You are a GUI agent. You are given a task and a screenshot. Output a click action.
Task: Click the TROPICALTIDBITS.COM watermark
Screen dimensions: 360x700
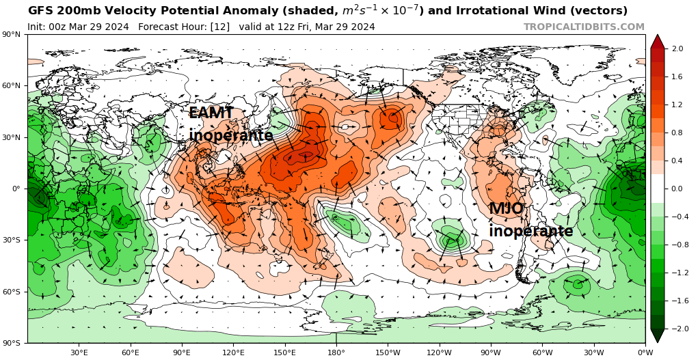[584, 27]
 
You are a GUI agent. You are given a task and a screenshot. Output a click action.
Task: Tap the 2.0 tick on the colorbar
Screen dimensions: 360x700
[677, 49]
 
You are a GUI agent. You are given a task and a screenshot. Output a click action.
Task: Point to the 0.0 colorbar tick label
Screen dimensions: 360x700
[677, 189]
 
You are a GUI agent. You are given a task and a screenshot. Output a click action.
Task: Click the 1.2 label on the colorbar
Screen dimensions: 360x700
[677, 105]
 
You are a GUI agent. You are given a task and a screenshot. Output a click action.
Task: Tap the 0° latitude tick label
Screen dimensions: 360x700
[17, 189]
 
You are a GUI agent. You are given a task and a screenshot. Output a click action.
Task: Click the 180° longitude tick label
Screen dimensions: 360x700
[336, 352]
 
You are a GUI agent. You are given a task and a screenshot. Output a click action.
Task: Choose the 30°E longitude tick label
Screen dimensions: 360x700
[79, 352]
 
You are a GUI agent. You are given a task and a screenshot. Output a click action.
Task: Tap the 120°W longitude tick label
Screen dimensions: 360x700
[439, 352]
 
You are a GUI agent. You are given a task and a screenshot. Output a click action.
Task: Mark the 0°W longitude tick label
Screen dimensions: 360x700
[645, 352]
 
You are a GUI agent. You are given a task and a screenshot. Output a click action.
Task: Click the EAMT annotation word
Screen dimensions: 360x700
[211, 113]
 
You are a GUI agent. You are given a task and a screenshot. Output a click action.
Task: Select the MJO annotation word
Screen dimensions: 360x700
[507, 209]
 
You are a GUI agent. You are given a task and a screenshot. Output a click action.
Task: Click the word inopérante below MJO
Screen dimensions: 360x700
[530, 231]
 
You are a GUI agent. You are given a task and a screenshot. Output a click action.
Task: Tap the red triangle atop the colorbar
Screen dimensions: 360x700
[657, 41]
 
